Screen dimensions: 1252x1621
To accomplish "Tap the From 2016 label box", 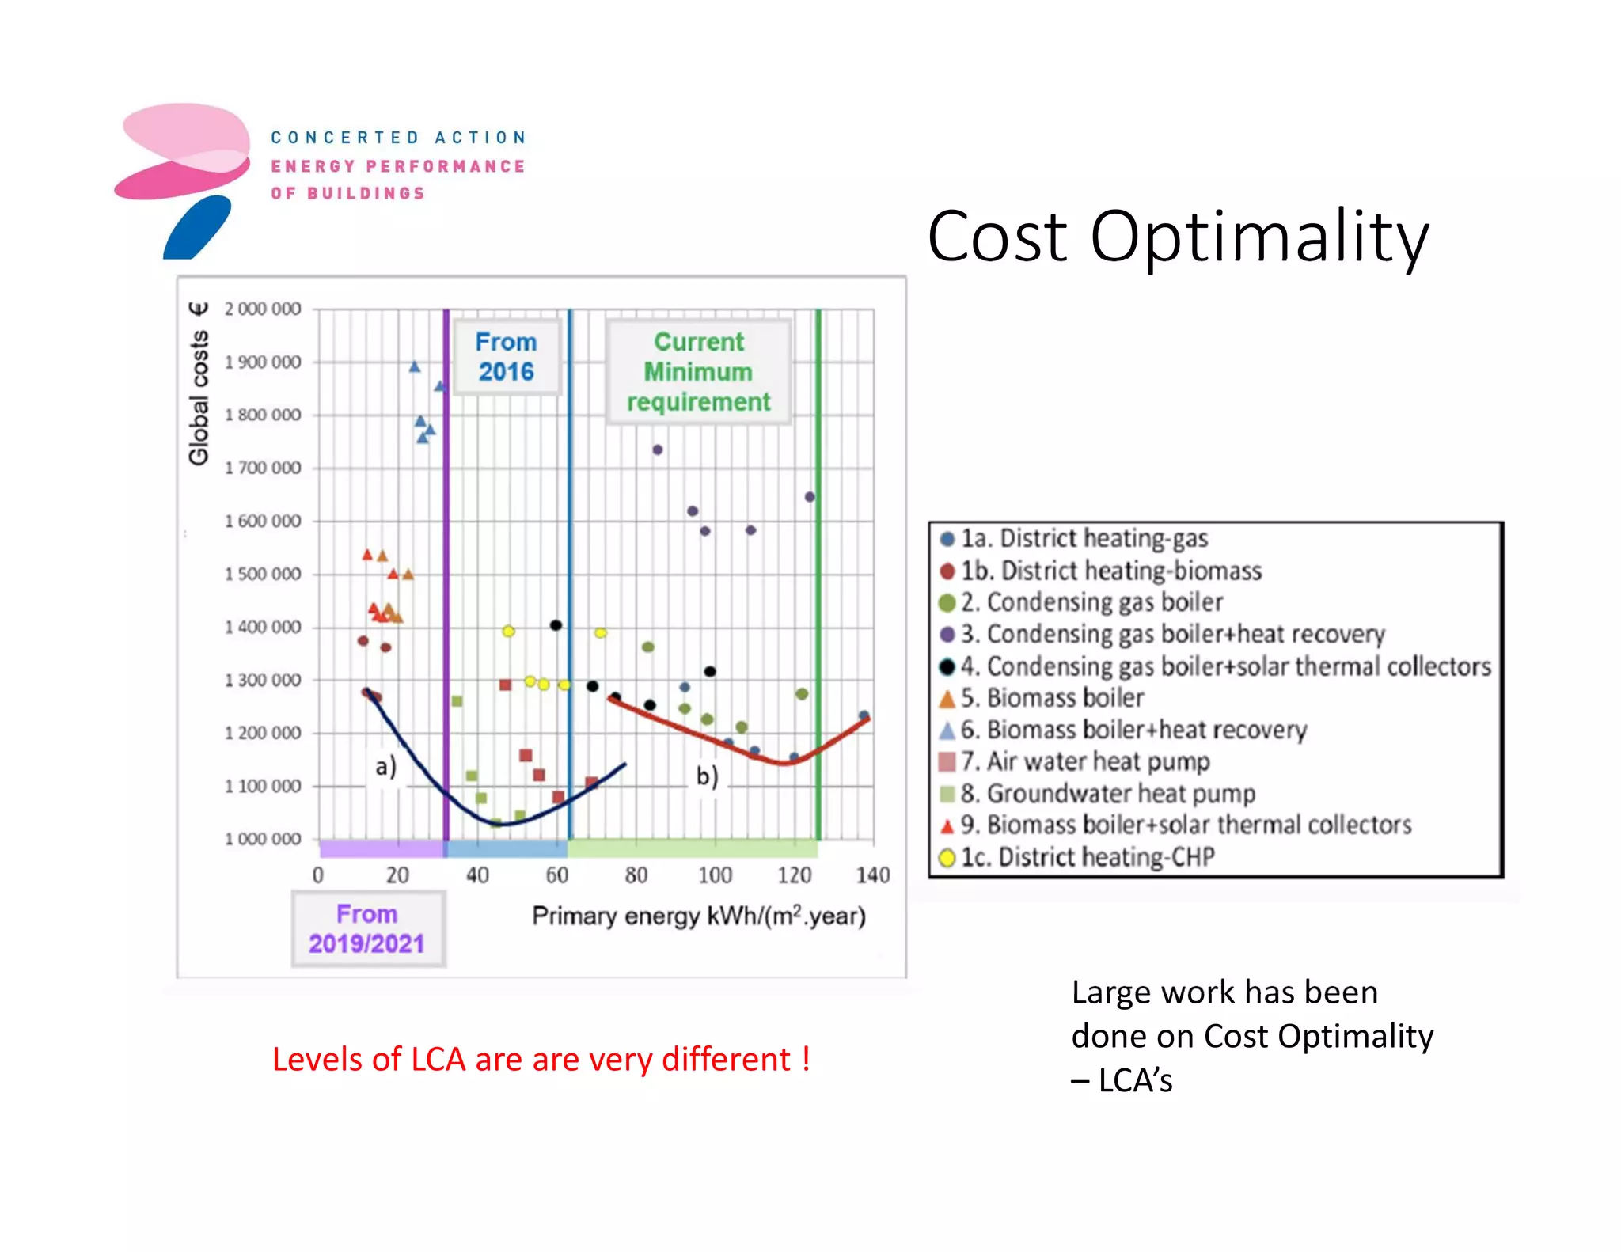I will click(506, 356).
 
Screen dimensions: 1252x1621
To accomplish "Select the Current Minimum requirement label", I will click(698, 372).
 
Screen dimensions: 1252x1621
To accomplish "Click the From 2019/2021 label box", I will click(367, 928).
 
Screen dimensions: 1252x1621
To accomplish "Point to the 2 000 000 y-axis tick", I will click(263, 309).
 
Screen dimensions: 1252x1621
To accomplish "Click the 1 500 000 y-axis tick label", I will click(263, 574).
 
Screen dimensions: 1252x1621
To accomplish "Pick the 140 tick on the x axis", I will click(872, 875).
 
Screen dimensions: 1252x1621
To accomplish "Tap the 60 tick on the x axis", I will click(556, 875).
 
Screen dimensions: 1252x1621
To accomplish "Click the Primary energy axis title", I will click(698, 916).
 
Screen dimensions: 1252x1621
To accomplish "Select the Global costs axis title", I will click(199, 384).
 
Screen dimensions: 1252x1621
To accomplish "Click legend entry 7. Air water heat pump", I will click(1084, 761).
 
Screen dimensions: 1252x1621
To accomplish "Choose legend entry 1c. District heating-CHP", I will click(1087, 856).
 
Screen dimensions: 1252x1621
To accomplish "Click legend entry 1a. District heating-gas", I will click(1083, 538).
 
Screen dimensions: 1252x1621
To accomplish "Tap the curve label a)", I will click(385, 766).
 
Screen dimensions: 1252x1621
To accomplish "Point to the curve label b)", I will click(707, 776).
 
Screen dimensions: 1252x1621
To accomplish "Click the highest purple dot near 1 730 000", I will click(657, 450).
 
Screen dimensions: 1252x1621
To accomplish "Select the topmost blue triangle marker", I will click(414, 366).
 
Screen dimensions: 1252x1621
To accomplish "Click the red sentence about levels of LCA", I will click(541, 1059).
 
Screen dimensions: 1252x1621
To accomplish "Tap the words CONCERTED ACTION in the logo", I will click(398, 138).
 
